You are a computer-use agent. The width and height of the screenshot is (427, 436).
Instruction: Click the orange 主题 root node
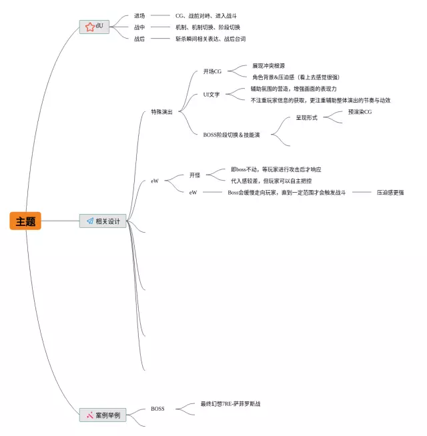[25, 221]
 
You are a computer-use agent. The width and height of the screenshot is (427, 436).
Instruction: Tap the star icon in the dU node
[89, 26]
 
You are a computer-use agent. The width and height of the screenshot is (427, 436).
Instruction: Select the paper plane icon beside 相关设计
[89, 221]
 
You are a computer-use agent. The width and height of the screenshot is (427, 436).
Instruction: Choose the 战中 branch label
[139, 27]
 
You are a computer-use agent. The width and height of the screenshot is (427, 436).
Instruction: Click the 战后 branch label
[139, 39]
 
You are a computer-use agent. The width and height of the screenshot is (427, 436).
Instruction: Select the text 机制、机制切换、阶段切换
[207, 27]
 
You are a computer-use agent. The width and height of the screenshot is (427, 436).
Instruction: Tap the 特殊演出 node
[161, 112]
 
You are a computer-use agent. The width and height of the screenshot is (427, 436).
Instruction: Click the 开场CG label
[212, 71]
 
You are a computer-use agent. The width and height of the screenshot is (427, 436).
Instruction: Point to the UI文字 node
[211, 95]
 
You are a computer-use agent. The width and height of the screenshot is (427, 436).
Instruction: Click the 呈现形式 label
[306, 118]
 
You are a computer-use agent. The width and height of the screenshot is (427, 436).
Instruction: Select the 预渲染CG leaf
[360, 112]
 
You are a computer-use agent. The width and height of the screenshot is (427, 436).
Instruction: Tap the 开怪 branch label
[195, 175]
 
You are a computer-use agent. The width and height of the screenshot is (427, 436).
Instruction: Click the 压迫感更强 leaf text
[390, 193]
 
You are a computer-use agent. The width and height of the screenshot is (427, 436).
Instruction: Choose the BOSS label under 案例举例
[157, 409]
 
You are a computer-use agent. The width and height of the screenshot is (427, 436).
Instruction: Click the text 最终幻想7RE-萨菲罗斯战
[230, 403]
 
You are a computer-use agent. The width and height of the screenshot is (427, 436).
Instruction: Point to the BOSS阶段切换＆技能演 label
[232, 135]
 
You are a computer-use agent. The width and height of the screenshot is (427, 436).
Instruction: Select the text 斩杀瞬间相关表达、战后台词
[210, 39]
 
